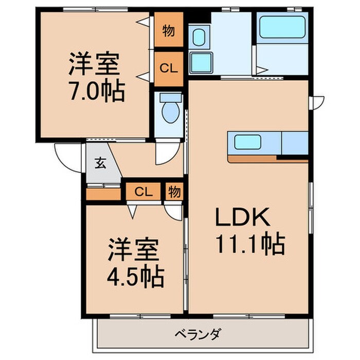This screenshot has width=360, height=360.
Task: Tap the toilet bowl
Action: pos(170,110)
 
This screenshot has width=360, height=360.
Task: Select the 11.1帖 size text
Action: pos(250,244)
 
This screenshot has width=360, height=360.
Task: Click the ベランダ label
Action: pos(202,334)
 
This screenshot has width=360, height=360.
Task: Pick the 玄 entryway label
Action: pos(100,164)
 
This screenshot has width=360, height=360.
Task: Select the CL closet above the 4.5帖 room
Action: pos(143,192)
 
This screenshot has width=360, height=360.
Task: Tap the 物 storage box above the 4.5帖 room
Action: pos(174,192)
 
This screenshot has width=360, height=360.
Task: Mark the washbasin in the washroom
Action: pos(198,37)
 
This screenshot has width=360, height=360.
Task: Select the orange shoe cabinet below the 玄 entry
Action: pos(103,194)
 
